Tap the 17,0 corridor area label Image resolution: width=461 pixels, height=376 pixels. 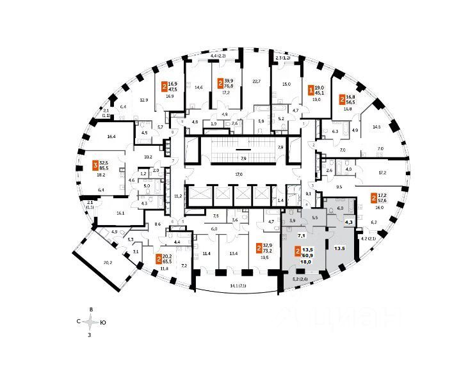[x=238, y=174]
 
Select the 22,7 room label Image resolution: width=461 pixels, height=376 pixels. [x=257, y=81]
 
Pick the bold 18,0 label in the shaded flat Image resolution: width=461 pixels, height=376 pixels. [x=306, y=262]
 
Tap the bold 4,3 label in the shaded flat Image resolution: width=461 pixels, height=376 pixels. [x=350, y=222]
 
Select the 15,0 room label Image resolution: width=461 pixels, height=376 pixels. [x=287, y=84]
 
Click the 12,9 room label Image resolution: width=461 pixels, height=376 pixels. [x=144, y=100]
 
